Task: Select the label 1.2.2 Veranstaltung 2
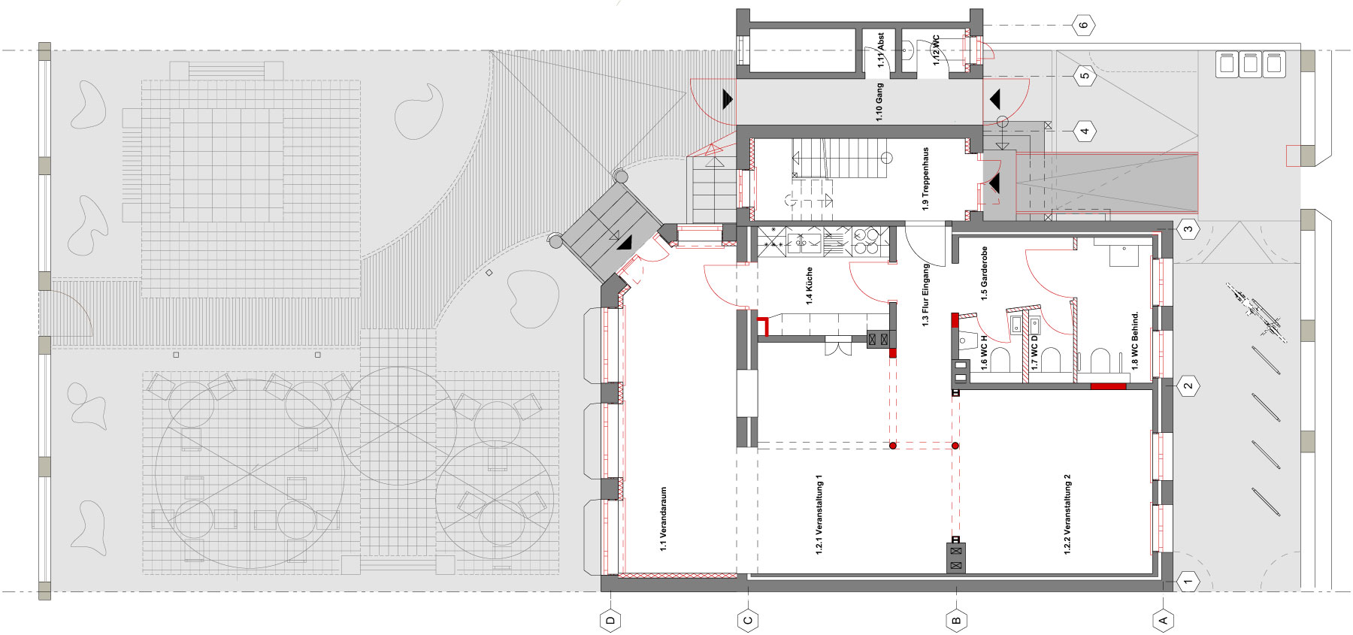(1067, 514)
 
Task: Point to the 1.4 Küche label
(810, 286)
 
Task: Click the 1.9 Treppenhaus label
(926, 178)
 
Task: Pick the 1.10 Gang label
(879, 102)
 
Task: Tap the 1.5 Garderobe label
(984, 274)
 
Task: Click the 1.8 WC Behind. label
(1135, 340)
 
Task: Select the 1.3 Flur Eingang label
(926, 295)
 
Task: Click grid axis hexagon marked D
(610, 620)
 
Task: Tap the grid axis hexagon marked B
(956, 620)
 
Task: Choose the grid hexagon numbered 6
(1083, 25)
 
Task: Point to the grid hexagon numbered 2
(1188, 386)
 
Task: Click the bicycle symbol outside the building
(1253, 310)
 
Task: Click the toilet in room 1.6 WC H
(1000, 359)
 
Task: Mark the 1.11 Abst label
(881, 50)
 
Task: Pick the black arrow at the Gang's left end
(728, 98)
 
